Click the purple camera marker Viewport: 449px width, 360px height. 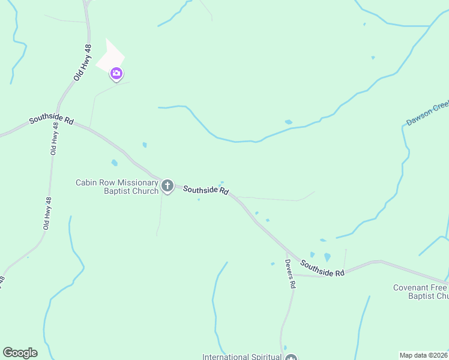point(116,74)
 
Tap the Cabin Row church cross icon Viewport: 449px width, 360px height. point(167,186)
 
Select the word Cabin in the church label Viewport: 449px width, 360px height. point(86,182)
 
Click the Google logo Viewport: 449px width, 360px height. point(20,353)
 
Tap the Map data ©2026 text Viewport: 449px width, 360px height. point(423,355)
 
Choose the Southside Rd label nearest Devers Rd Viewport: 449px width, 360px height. point(322,268)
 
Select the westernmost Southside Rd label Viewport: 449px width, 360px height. point(51,121)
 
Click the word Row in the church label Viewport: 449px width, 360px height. point(105,182)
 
